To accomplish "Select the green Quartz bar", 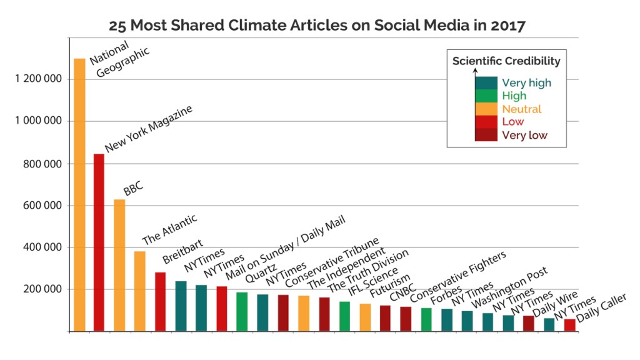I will click(x=242, y=312).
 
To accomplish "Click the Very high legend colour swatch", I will click(x=486, y=82).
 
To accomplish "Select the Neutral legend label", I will click(x=522, y=109).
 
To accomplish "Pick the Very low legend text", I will click(x=525, y=135).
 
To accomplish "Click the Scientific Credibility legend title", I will click(x=506, y=61).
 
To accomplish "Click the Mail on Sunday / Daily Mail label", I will click(x=284, y=244).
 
